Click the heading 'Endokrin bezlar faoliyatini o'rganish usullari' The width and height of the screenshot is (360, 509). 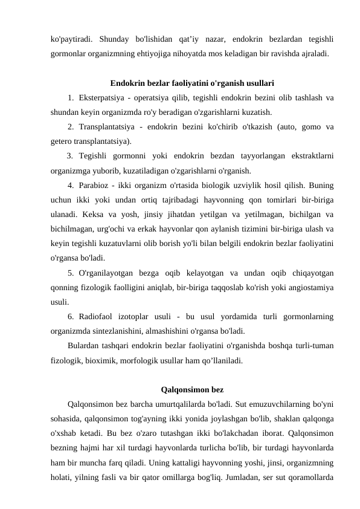(x=193, y=83)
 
